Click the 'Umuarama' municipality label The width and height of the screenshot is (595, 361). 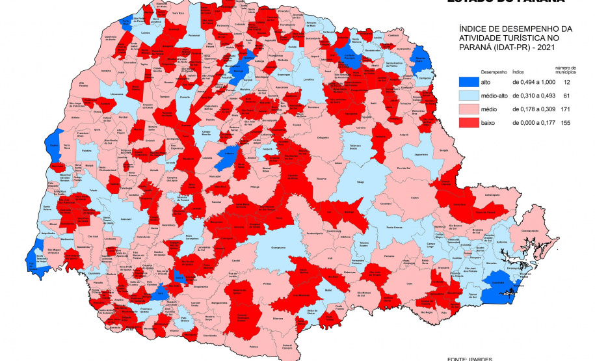118,94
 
